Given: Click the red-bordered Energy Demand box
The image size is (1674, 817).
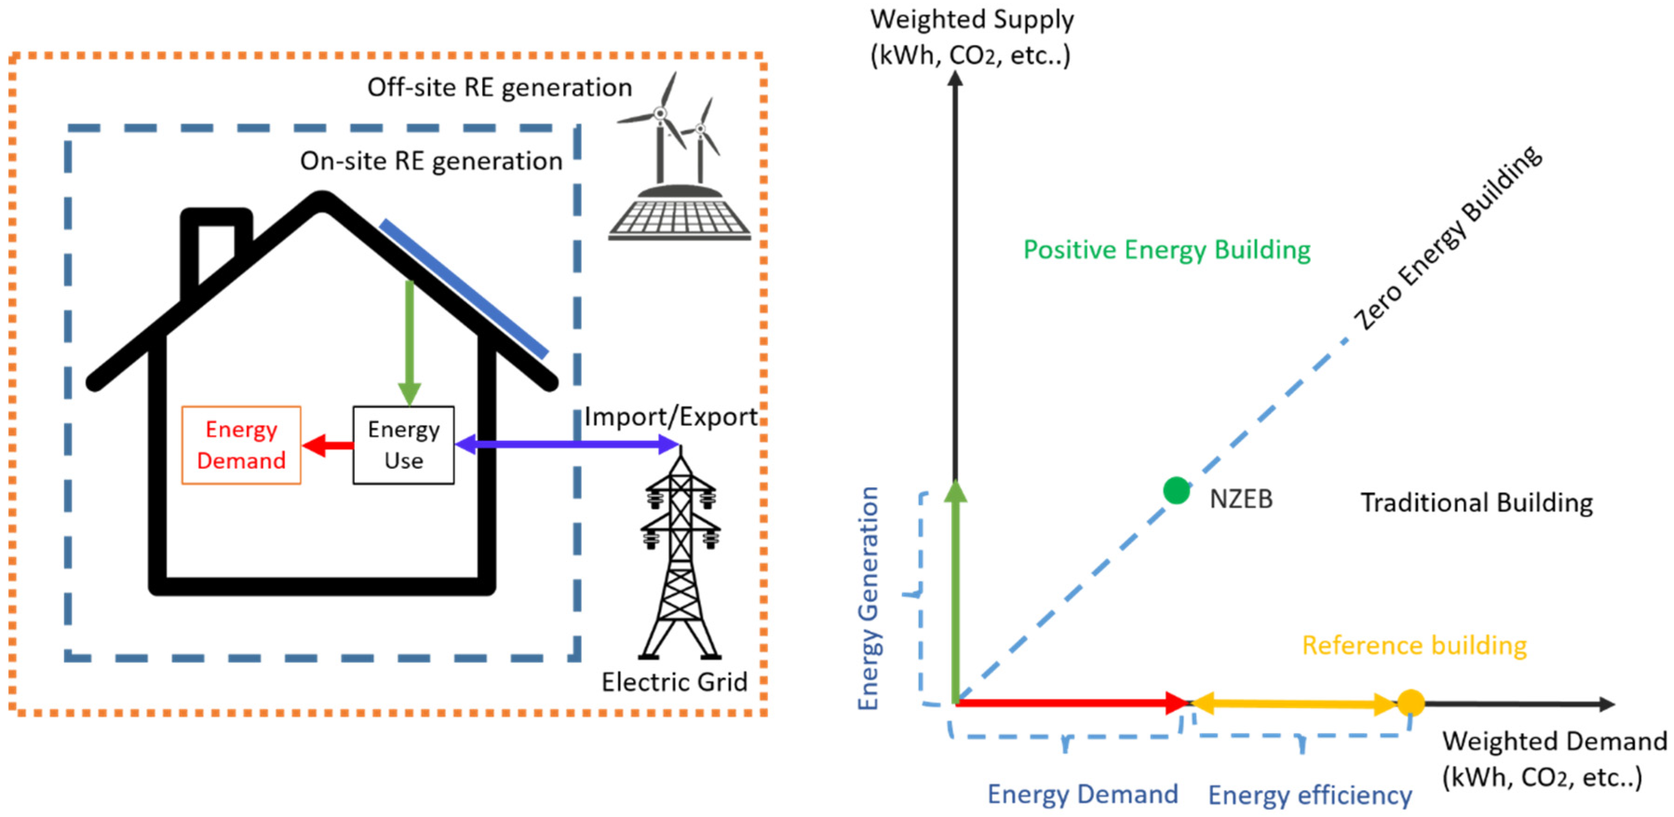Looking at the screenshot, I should (241, 445).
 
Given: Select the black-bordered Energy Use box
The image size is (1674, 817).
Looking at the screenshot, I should (403, 445).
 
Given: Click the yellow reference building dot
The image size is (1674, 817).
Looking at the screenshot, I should (1411, 702).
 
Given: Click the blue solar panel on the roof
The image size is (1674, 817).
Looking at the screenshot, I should (464, 289).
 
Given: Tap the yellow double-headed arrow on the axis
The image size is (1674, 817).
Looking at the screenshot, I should (1293, 703).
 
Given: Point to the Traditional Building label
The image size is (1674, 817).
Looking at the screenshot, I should (1477, 502).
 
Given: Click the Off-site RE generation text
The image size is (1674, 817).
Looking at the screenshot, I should (499, 87).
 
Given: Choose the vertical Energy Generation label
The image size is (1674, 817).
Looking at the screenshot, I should (869, 598).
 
